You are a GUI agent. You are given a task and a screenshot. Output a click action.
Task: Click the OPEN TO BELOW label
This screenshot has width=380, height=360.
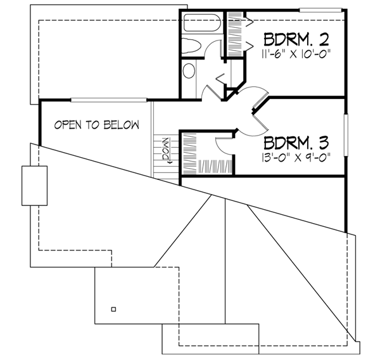96,125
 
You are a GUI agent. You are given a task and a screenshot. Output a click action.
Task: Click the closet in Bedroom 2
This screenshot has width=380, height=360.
236,38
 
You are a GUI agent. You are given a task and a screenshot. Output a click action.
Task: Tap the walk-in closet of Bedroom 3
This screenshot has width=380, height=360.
198,153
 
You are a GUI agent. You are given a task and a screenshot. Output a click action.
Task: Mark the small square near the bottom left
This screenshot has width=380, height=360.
113,309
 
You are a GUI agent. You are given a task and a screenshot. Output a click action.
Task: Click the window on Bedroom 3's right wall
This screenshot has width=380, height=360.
346,135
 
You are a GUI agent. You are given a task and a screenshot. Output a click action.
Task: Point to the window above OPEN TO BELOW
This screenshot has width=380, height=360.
109,100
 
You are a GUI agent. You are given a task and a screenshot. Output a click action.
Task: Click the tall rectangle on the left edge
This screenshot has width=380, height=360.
35,186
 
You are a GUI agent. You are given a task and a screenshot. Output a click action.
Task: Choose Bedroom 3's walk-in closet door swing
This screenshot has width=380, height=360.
223,144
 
